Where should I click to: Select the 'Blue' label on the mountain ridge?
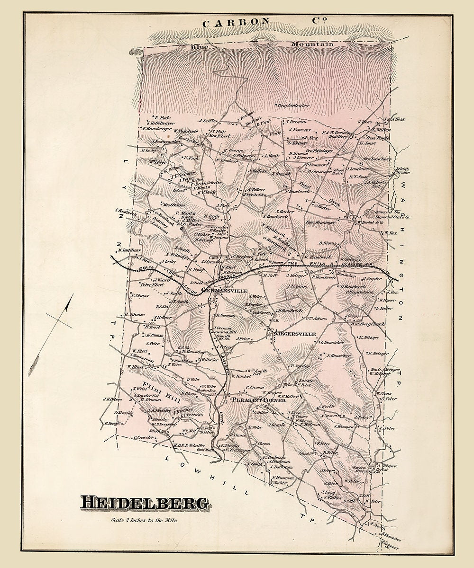coord(200,47)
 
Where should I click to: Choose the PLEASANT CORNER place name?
coord(258,400)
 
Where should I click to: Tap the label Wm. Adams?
coord(316,319)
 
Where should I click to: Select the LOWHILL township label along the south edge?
coord(206,473)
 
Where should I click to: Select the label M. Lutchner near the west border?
coord(129,249)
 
